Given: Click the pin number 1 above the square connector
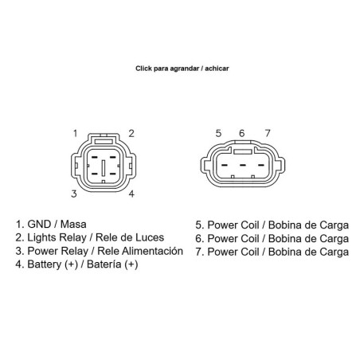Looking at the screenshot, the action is [76, 133].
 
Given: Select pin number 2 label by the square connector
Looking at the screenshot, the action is [131, 133].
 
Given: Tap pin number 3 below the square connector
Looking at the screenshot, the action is [74, 194].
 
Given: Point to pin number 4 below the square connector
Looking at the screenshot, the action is [131, 194].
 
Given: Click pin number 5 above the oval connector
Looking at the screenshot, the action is [218, 133].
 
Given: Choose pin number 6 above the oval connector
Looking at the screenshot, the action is [241, 133].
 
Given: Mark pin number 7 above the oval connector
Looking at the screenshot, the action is [268, 133].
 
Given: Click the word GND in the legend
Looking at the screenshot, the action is [39, 225].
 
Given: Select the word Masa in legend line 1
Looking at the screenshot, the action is [73, 225].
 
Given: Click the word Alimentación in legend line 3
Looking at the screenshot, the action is [152, 251].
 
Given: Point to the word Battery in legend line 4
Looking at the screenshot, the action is [45, 264].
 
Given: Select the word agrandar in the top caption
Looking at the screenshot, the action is [185, 68].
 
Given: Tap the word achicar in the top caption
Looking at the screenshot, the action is [217, 68].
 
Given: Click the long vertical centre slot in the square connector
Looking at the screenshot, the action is [104, 168].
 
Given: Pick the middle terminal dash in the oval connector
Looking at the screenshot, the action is [243, 166].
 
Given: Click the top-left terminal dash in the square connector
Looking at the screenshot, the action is [94, 158].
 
